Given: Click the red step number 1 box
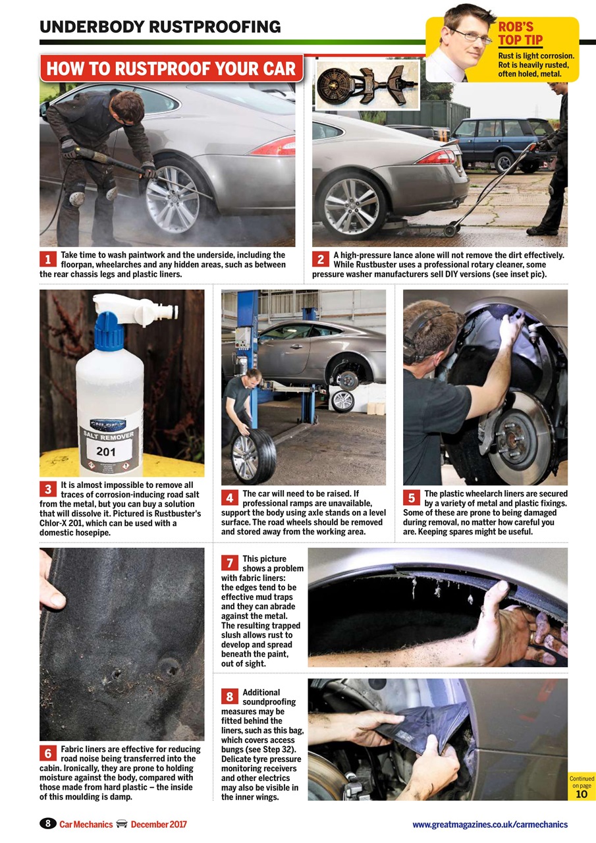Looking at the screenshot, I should (x=47, y=259).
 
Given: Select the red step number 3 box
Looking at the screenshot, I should (x=47, y=489).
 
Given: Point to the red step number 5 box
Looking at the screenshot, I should (x=411, y=498).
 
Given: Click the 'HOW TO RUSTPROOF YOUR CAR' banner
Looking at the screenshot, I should (x=171, y=68).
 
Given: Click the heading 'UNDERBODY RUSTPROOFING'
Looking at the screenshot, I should (x=160, y=27).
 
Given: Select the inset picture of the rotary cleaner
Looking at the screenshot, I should (x=367, y=85).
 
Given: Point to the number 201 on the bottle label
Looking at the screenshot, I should (x=106, y=452).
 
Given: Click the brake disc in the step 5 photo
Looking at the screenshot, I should (x=524, y=435).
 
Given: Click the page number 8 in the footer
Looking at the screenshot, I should (x=48, y=824).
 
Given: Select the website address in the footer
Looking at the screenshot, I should (x=489, y=824).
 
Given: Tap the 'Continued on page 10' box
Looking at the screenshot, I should (x=582, y=786).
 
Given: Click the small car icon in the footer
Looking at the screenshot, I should (x=121, y=824).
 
